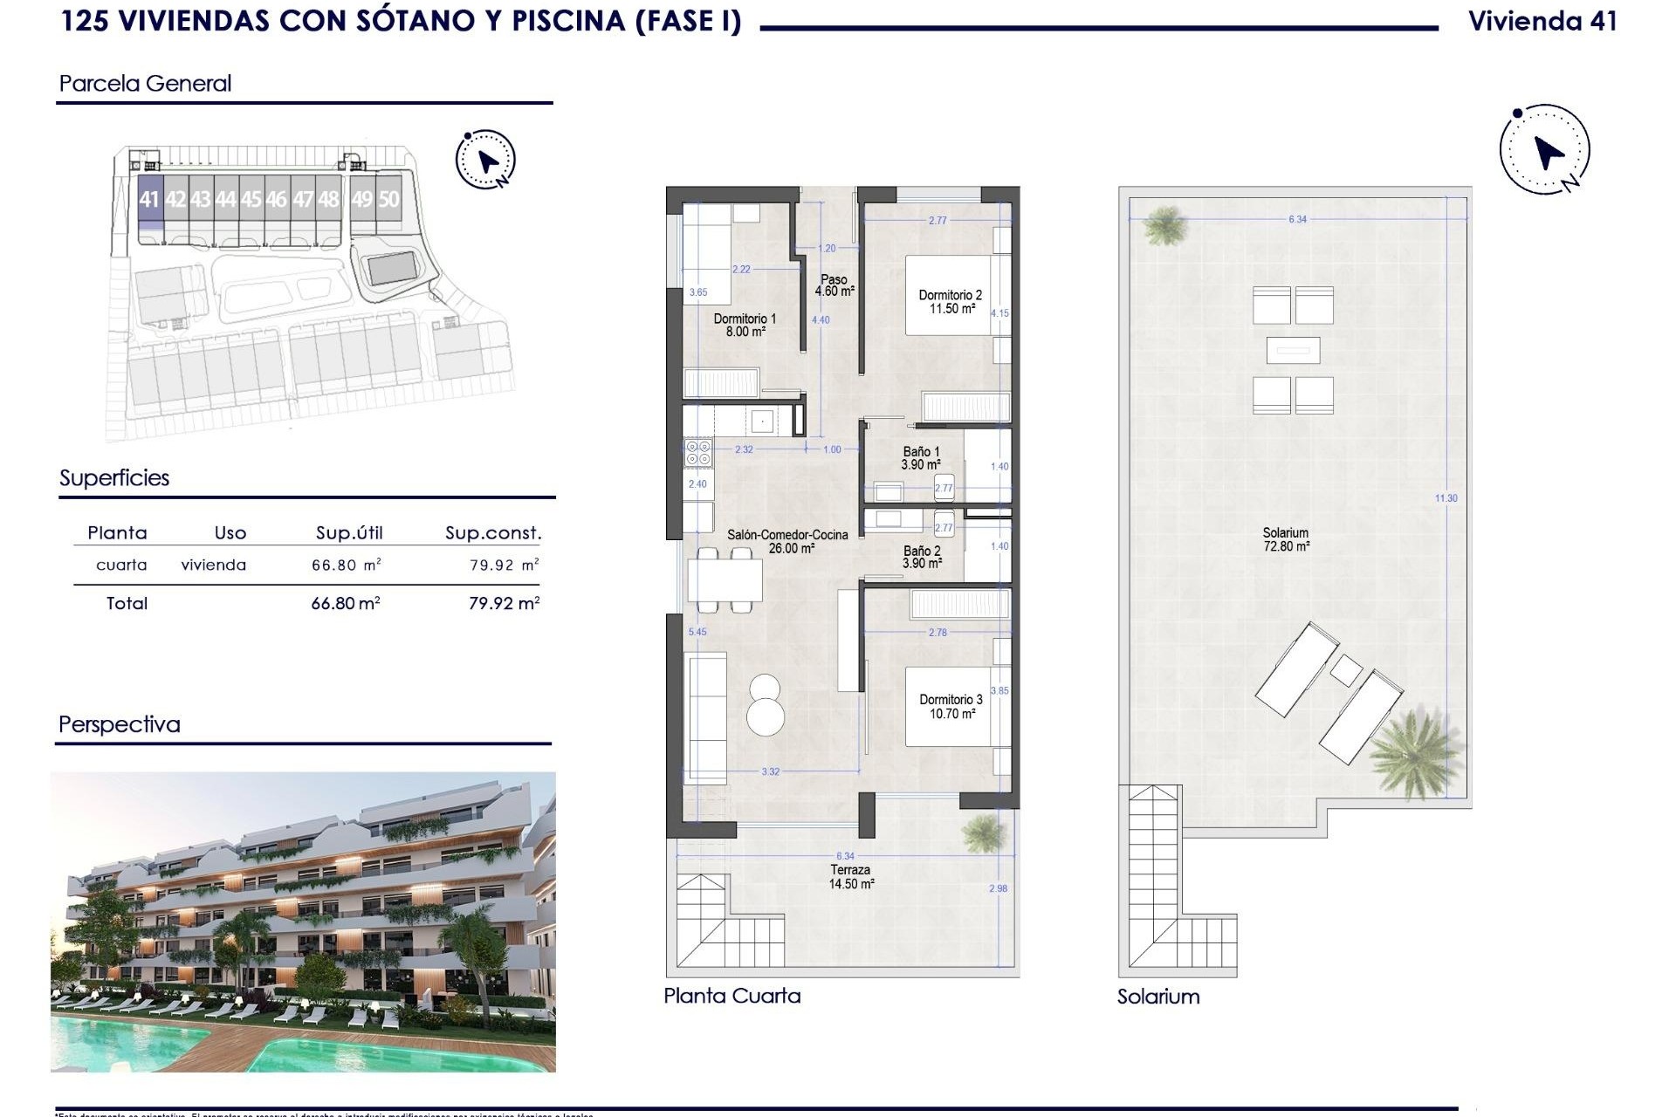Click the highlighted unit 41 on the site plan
tap(149, 200)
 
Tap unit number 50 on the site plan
tap(388, 200)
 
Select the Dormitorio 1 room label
tap(745, 326)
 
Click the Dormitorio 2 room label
tap(951, 302)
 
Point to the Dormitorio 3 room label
tap(951, 707)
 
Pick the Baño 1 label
tap(921, 458)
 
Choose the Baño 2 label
tap(922, 557)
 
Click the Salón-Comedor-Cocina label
tap(787, 541)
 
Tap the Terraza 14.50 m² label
tap(851, 877)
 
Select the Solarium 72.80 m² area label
tap(1286, 539)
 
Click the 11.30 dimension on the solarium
tap(1446, 498)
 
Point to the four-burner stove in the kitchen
tap(698, 453)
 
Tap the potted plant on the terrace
tap(982, 833)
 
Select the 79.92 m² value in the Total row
tap(504, 603)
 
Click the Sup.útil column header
tap(349, 533)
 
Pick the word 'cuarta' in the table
tap(121, 565)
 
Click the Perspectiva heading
tap(120, 724)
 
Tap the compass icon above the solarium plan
tap(1544, 150)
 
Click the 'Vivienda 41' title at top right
tap(1542, 21)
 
